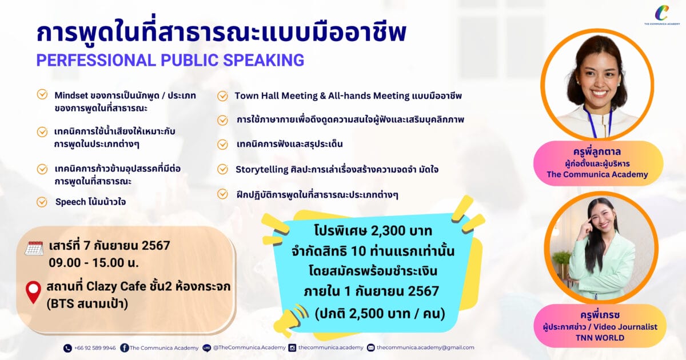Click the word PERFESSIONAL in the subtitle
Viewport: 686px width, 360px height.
click(x=96, y=60)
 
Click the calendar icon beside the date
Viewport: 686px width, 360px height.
click(x=34, y=248)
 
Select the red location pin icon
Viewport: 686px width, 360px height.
click(x=33, y=292)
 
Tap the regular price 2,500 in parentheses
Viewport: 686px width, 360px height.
click(x=370, y=314)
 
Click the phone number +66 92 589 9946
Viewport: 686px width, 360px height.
click(x=95, y=348)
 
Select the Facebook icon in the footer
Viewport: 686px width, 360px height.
click(x=125, y=348)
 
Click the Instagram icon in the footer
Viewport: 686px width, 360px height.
click(x=293, y=348)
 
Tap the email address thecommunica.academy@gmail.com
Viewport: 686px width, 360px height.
click(x=425, y=347)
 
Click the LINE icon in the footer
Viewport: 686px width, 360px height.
click(x=207, y=348)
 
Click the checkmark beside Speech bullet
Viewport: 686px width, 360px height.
click(x=42, y=202)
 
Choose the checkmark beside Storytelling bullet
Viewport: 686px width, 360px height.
click(x=222, y=169)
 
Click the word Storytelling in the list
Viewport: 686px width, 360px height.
click(x=262, y=170)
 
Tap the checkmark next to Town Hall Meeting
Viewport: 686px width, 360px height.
click(x=222, y=96)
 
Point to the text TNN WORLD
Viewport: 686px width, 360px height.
click(x=600, y=338)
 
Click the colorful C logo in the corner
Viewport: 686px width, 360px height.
click(x=661, y=13)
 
